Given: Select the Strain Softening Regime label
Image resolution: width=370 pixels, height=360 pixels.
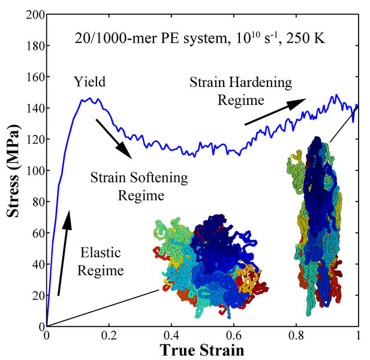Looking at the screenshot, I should pos(139,187).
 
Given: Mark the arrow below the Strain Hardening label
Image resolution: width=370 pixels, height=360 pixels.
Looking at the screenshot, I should pos(275,112).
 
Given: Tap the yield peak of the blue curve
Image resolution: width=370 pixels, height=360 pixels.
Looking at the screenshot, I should pos(89,99).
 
